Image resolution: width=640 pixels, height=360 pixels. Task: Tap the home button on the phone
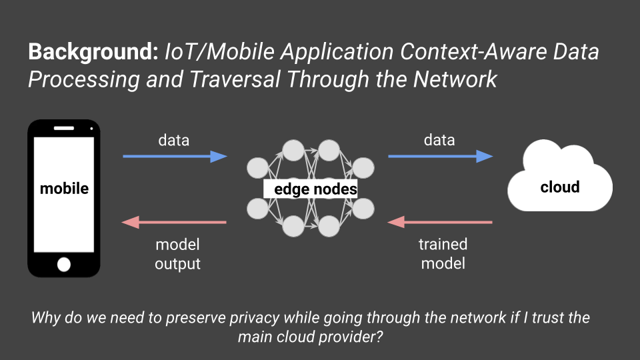click(64, 265)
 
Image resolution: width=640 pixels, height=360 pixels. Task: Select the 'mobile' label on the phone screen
click(64, 189)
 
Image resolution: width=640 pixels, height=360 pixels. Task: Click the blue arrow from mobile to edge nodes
click(175, 157)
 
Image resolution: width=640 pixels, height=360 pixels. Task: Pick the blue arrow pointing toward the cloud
click(440, 157)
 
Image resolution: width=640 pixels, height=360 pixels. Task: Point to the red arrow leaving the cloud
click(440, 221)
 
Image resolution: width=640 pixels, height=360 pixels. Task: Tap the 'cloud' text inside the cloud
click(559, 187)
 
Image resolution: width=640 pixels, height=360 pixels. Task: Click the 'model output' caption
click(177, 254)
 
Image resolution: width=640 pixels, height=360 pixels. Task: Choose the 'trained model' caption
click(443, 254)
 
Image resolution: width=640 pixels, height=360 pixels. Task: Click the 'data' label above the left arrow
click(173, 140)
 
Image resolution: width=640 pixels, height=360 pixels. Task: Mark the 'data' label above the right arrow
click(439, 140)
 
